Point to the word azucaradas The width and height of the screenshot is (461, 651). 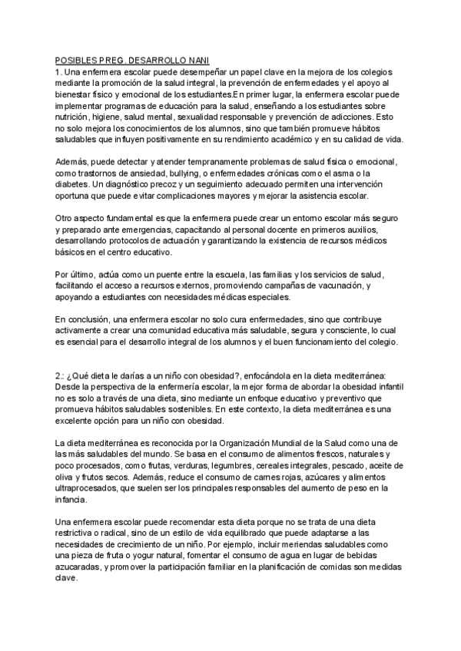point(84,567)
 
